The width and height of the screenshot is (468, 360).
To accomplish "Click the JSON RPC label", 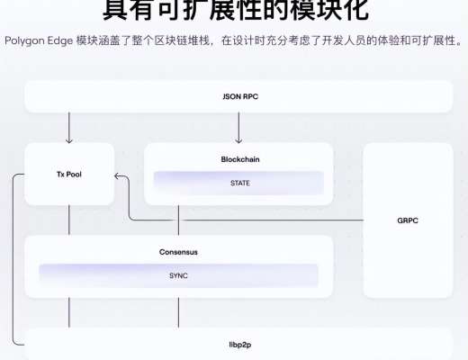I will click(238, 95).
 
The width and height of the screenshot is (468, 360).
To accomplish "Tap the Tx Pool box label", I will click(68, 174).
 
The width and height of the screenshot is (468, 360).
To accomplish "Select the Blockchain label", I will click(238, 159).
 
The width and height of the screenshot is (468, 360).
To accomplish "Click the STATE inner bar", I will click(238, 183).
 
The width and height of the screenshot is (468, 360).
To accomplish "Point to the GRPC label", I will click(408, 220).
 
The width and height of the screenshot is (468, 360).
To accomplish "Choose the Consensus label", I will click(178, 252).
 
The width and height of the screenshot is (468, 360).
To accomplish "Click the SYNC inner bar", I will click(178, 275).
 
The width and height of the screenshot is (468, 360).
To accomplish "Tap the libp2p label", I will click(238, 345).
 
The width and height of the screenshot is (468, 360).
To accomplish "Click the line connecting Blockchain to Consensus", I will click(178, 221).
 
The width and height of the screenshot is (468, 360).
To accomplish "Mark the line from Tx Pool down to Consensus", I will click(68, 221).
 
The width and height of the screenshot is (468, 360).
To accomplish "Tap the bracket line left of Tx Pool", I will click(13, 261).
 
